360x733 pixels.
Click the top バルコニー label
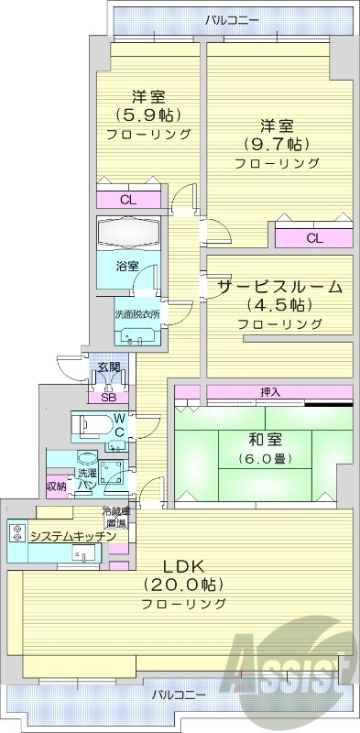[x=232, y=18]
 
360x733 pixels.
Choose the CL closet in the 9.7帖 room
[x=314, y=238]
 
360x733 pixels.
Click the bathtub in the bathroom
[x=129, y=231]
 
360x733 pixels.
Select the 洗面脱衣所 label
[x=137, y=313]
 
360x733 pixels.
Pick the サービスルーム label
[x=279, y=286]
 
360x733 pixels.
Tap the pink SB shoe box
[x=108, y=397]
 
